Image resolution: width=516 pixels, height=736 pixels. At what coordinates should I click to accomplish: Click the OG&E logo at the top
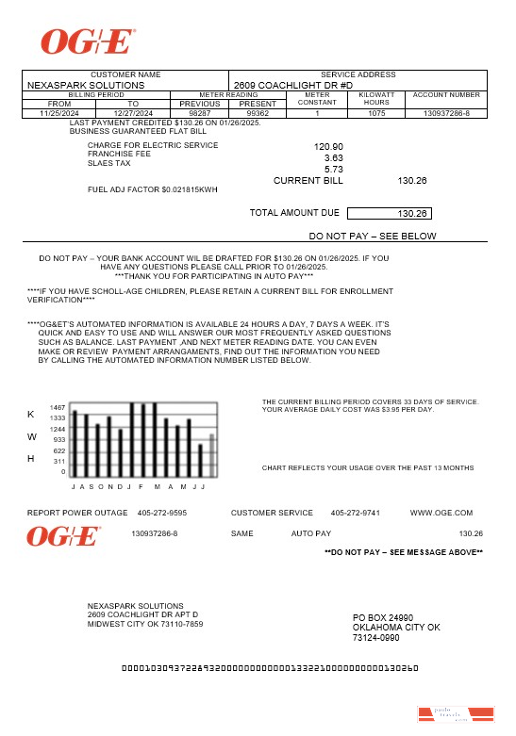pyautogui.click(x=88, y=41)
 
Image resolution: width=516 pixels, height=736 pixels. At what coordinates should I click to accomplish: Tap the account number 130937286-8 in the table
pyautogui.click(x=446, y=113)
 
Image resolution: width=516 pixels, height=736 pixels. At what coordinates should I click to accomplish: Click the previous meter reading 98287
pyautogui.click(x=200, y=113)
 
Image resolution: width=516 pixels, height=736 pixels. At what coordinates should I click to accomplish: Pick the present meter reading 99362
pyautogui.click(x=258, y=113)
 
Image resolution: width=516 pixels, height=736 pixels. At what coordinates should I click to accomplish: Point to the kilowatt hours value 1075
pyautogui.click(x=376, y=113)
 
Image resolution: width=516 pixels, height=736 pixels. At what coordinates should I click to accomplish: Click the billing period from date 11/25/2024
pyautogui.click(x=58, y=113)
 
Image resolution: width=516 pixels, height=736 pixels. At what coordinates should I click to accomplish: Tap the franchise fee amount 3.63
pyautogui.click(x=333, y=158)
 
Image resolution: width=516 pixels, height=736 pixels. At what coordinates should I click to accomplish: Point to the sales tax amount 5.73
pyautogui.click(x=333, y=170)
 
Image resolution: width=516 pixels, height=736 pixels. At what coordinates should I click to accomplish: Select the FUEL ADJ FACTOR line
pyautogui.click(x=152, y=190)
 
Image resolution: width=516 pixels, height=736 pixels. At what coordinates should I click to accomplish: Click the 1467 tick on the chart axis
pyautogui.click(x=58, y=407)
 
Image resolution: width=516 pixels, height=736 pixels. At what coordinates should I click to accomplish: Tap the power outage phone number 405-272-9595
pyautogui.click(x=161, y=513)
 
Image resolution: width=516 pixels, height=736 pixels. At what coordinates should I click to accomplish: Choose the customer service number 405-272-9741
pyautogui.click(x=355, y=513)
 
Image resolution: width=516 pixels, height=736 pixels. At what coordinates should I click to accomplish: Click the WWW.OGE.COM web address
pyautogui.click(x=441, y=513)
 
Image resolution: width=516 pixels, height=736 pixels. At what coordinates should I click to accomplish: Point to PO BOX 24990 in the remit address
pyautogui.click(x=383, y=617)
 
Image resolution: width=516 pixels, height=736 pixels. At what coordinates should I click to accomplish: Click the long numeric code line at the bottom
pyautogui.click(x=270, y=668)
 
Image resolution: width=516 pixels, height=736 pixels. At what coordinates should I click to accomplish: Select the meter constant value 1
pyautogui.click(x=317, y=113)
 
